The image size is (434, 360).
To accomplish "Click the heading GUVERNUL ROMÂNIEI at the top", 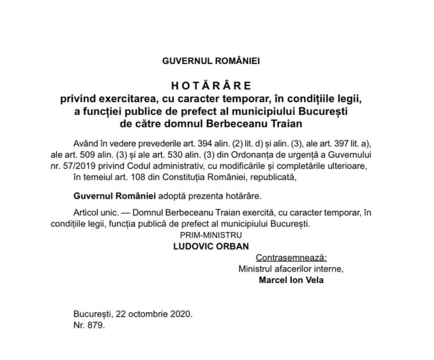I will point(210,61).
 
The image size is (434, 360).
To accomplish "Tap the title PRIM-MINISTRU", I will point(212,235).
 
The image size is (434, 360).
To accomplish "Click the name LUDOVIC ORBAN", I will point(211,246).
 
